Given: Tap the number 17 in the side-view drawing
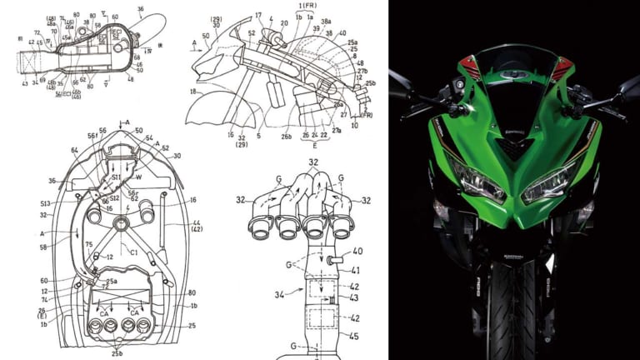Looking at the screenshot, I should click(x=259, y=15).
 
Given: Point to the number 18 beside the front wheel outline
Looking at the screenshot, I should click(x=193, y=92).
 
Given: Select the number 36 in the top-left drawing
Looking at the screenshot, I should click(x=139, y=10).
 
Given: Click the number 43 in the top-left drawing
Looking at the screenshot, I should click(x=24, y=82).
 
